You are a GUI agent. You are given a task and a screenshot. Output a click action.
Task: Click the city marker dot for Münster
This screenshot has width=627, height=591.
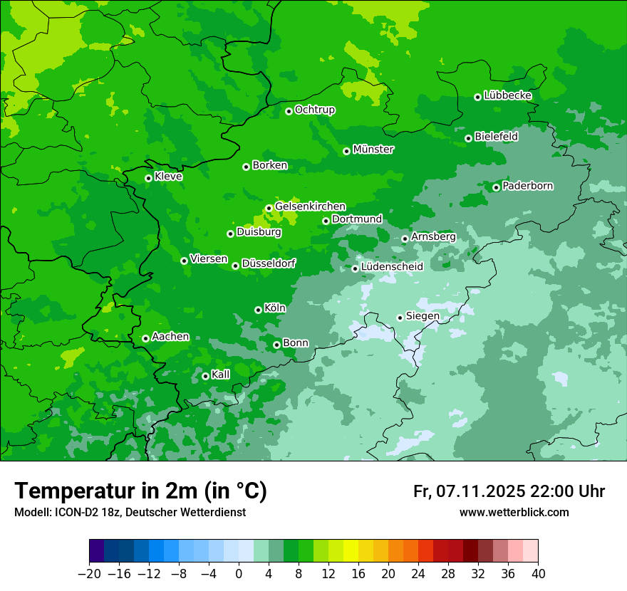347,151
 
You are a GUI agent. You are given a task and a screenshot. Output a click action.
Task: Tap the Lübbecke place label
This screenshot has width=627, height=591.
507,95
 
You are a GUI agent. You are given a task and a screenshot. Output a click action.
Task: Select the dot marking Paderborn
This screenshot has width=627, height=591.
497,187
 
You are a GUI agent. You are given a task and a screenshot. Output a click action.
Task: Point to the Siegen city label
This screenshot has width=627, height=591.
423,316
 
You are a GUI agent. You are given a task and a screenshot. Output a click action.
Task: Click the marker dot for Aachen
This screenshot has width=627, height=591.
146,338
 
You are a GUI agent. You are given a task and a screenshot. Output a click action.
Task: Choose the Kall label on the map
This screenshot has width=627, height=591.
221,375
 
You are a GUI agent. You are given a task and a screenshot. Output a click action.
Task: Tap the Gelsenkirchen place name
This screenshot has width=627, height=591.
310,206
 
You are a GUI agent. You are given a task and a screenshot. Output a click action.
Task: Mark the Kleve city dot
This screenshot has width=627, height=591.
149,178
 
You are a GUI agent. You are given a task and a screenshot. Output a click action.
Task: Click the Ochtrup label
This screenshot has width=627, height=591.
314,110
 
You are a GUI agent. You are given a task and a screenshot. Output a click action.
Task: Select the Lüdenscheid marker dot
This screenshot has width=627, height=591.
356,268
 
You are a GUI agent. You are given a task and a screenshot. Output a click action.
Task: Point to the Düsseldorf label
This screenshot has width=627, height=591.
269,264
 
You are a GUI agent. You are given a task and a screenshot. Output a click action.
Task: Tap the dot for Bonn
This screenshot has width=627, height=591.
277,345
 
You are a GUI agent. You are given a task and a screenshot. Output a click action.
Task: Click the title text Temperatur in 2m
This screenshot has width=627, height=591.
140,491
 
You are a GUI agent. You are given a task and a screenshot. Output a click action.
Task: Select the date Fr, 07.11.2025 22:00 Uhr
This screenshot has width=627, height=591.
509,491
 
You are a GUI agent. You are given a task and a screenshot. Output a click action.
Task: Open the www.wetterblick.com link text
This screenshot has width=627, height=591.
514,512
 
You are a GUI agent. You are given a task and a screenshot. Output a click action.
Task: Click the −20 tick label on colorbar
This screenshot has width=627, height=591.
89,574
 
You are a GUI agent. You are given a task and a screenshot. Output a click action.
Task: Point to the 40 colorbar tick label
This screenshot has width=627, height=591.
538,574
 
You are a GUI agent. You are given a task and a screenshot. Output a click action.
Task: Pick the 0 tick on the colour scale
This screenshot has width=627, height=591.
239,574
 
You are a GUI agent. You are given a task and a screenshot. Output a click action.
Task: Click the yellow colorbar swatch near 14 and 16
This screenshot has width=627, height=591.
351,551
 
